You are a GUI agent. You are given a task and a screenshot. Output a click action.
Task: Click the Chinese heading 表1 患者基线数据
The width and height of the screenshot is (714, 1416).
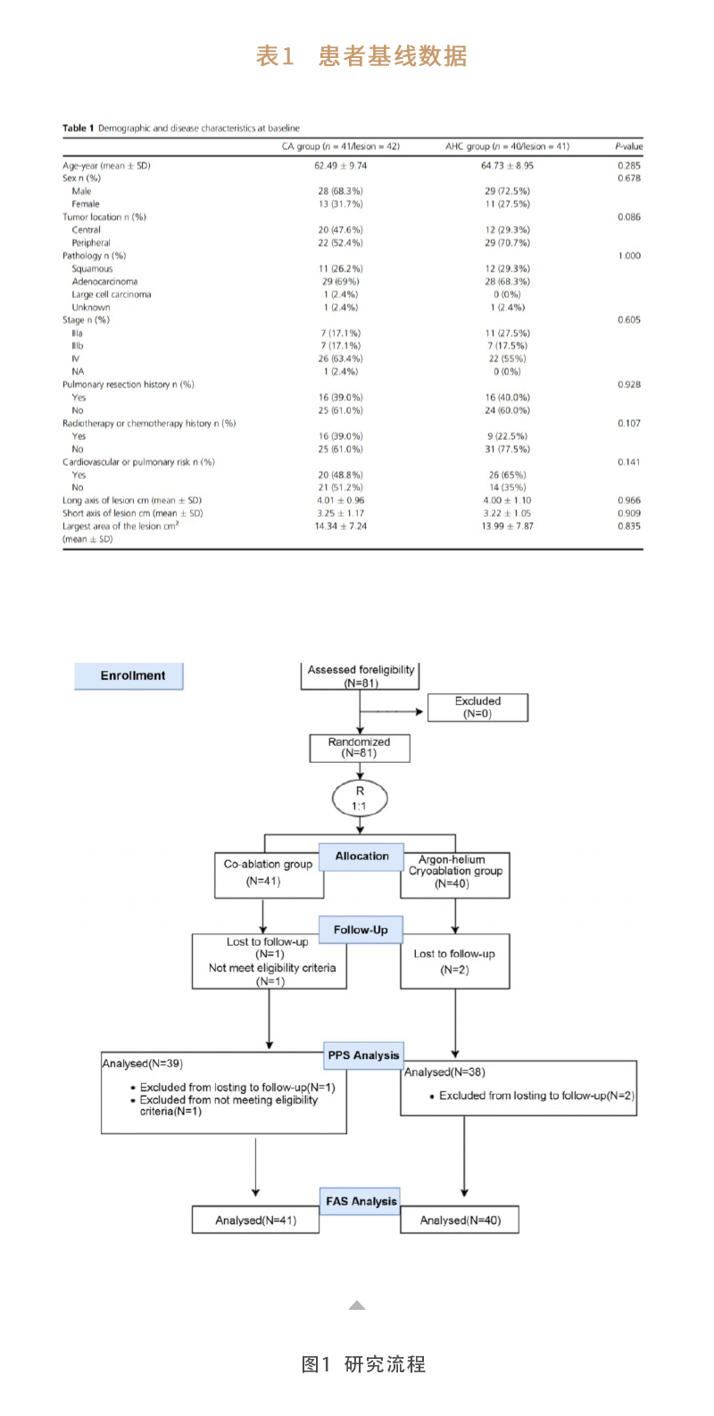point(361,56)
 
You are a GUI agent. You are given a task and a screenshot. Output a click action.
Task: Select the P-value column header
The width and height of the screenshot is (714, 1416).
point(628,146)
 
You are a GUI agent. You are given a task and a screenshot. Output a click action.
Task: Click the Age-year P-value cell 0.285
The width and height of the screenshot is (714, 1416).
point(628,165)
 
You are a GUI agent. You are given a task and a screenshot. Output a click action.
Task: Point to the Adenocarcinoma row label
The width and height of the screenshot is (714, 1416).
point(104,281)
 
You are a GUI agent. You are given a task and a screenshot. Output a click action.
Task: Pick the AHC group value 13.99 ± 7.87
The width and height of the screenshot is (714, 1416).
point(507,526)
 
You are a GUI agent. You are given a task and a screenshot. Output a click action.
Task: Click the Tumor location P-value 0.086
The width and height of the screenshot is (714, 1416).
point(628,217)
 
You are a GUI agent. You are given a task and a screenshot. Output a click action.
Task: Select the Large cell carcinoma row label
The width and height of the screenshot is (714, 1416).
point(112,294)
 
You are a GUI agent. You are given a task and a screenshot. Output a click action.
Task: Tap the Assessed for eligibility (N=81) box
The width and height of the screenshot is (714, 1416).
point(361,675)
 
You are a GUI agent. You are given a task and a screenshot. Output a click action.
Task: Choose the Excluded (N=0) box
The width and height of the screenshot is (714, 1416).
point(477,708)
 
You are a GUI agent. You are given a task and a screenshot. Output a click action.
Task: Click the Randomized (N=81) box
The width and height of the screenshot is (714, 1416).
point(359,748)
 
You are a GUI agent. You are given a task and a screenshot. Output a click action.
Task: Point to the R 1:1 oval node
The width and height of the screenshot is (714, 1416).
point(360,798)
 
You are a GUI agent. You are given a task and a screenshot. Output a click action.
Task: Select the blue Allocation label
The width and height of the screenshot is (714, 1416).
point(361,857)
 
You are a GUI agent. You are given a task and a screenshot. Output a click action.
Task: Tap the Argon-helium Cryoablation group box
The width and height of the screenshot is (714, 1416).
point(455,873)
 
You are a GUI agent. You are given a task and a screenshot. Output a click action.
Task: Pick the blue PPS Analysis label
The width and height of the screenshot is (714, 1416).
point(363,1055)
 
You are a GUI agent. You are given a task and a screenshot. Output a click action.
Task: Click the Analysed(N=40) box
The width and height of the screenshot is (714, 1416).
point(460,1220)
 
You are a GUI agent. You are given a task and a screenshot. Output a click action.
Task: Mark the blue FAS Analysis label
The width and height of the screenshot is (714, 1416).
point(361,1201)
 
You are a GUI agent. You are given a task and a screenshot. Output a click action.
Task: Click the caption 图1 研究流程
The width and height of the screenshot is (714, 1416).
point(363,1363)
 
